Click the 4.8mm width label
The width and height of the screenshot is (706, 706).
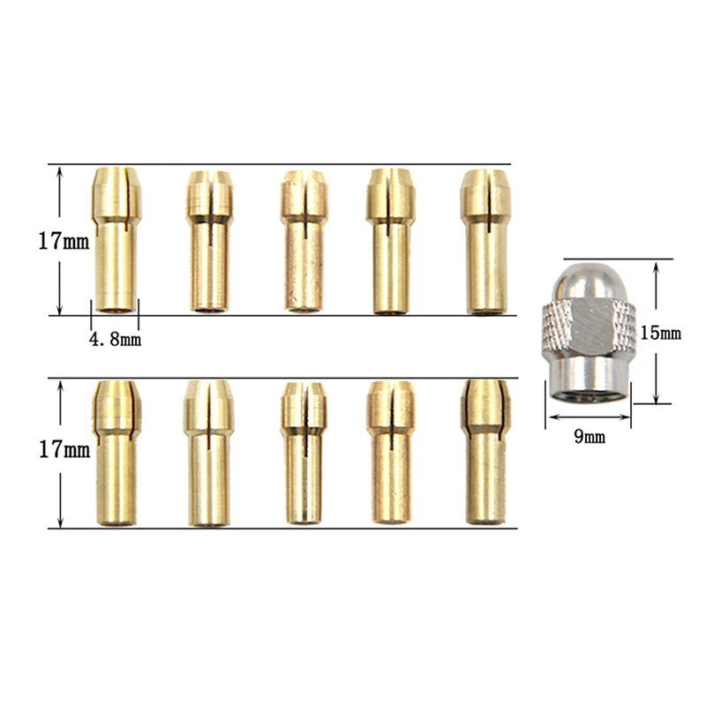coord(116,338)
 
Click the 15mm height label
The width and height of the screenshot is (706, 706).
coord(661,334)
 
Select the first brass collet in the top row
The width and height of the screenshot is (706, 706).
coord(115,239)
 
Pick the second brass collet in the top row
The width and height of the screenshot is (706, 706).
coord(210,241)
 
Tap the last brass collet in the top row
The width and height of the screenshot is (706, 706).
coord(484,240)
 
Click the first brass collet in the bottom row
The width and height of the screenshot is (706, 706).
coord(115,452)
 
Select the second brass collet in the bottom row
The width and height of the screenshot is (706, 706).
coord(209,452)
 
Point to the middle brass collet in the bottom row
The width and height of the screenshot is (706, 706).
coord(303,453)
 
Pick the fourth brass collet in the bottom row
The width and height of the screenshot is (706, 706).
coord(389,453)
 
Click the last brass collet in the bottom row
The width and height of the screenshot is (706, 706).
coord(484,452)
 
